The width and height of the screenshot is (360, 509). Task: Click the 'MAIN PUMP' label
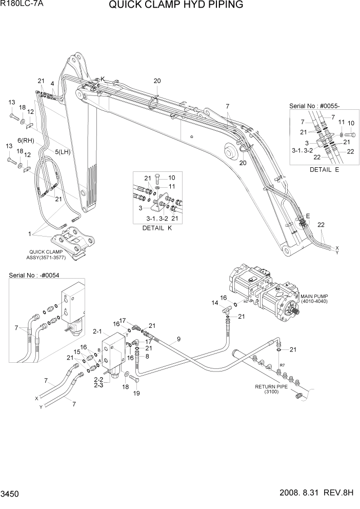point(314,298)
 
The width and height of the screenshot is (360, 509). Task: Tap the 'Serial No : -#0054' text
point(34,276)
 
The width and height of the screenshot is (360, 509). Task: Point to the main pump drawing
point(264,290)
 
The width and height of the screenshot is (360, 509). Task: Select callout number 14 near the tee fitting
point(215,303)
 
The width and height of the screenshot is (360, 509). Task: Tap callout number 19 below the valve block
point(137,394)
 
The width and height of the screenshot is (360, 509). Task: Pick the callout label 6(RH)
point(25,140)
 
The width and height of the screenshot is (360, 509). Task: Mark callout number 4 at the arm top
point(52,83)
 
